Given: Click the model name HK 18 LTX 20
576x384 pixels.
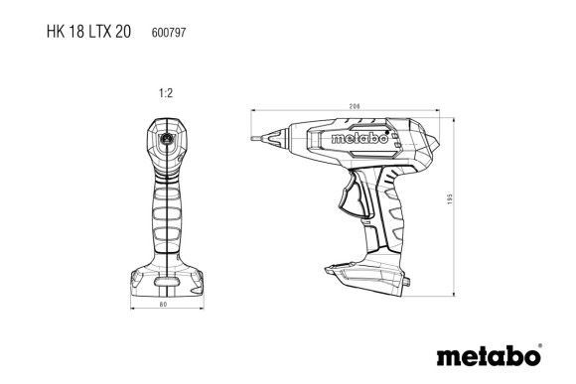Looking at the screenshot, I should click(87, 31).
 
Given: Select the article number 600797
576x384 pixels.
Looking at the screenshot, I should click(170, 32).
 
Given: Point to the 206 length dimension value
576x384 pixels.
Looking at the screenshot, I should click(354, 106).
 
